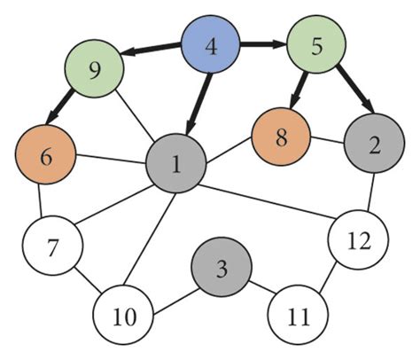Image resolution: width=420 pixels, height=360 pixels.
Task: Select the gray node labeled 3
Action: pos(222,268)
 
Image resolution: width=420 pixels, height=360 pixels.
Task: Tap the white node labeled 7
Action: pos(52,246)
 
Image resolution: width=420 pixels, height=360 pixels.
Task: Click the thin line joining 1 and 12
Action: pos(266,200)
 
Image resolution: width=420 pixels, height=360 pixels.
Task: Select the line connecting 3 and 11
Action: pos(261,291)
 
